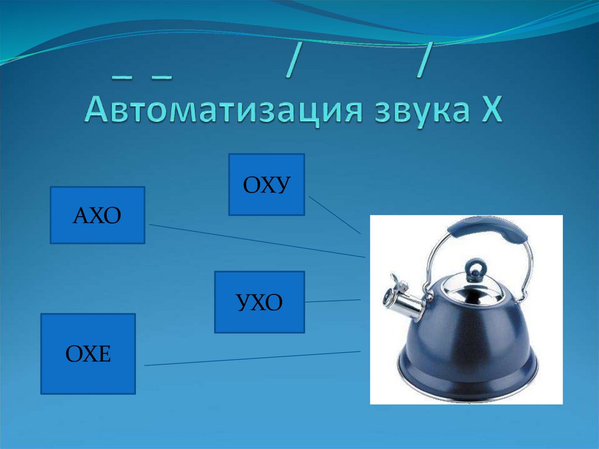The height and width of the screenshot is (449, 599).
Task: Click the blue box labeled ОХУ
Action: coord(266,184)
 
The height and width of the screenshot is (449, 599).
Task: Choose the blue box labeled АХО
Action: coord(97,215)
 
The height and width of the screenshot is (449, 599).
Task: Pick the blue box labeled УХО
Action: coord(259,302)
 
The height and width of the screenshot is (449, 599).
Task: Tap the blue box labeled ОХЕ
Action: coord(88,354)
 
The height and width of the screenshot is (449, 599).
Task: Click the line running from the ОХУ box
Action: coord(334,214)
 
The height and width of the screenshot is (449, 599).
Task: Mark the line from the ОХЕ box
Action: coord(252,358)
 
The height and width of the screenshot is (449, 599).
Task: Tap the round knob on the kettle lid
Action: coord(475,268)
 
